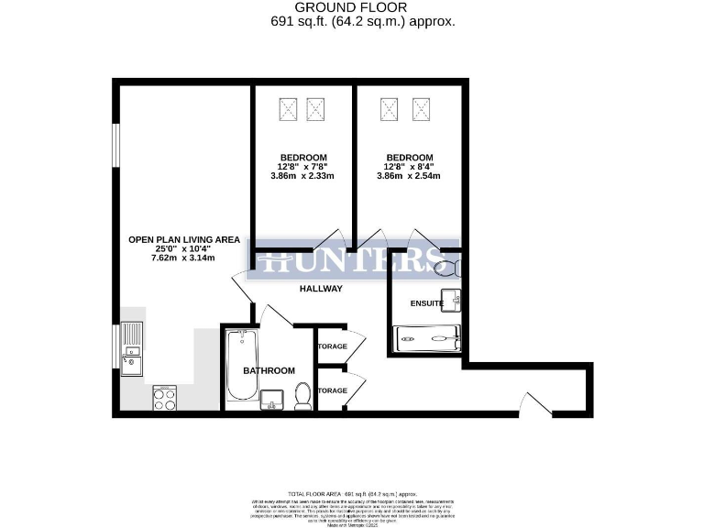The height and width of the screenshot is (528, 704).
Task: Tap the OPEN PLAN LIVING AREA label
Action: tap(184, 240)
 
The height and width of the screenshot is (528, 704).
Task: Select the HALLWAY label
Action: tap(321, 289)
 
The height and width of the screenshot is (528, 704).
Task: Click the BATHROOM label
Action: tap(269, 370)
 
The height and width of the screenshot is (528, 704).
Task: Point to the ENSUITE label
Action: tap(427, 302)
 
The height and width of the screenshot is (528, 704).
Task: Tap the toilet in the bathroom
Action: tap(302, 397)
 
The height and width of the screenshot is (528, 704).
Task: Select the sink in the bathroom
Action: tap(272, 399)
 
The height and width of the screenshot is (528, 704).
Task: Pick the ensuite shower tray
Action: tap(427, 339)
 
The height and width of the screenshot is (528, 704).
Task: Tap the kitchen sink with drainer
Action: tap(131, 349)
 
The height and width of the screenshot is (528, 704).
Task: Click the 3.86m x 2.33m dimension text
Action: tap(302, 176)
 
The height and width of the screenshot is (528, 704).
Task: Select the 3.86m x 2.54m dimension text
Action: tap(409, 176)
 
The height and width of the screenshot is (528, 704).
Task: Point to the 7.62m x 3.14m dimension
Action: tap(184, 258)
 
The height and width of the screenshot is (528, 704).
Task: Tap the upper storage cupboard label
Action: tap(332, 346)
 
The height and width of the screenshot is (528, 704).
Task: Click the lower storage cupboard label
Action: tap(332, 390)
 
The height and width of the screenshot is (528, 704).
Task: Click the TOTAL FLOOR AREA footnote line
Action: tap(352, 493)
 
